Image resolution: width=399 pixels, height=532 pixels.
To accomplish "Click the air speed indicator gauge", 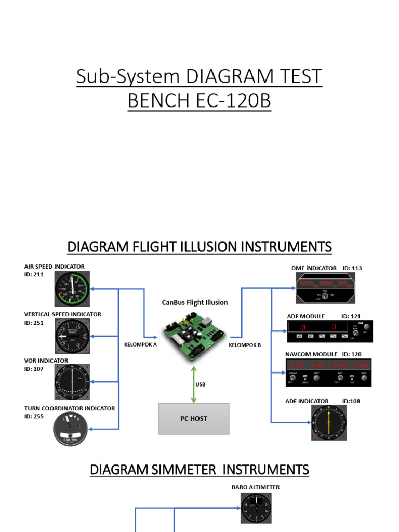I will pyautogui.click(x=72, y=289).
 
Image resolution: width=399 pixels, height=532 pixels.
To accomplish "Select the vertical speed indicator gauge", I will pyautogui.click(x=72, y=337).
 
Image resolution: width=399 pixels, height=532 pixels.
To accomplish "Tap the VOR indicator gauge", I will pyautogui.click(x=72, y=382).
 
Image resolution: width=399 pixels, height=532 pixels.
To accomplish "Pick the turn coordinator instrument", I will pyautogui.click(x=71, y=429).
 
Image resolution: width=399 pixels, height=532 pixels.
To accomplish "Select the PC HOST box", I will pyautogui.click(x=194, y=418).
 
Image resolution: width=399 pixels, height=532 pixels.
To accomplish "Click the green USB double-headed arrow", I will pyautogui.click(x=194, y=384).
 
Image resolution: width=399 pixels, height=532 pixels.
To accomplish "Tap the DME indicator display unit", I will pyautogui.click(x=325, y=288).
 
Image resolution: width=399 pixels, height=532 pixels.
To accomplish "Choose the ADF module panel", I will pyautogui.click(x=329, y=331).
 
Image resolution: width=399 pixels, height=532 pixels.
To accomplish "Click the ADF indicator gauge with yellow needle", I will pyautogui.click(x=329, y=422).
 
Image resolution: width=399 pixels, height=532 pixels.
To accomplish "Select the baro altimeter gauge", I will pyautogui.click(x=256, y=508).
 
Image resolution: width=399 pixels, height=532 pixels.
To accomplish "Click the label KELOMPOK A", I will pyautogui.click(x=140, y=344).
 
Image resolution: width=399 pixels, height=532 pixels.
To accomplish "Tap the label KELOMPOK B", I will pyautogui.click(x=245, y=344).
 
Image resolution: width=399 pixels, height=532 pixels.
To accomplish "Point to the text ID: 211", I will pyautogui.click(x=34, y=275).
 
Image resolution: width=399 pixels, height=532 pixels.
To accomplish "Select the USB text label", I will pyautogui.click(x=201, y=385).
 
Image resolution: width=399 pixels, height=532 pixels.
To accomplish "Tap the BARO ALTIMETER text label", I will pyautogui.click(x=256, y=487).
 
